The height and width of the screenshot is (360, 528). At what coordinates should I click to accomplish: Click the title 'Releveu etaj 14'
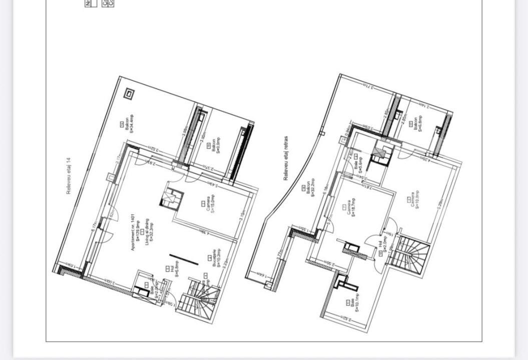click(x=69, y=176)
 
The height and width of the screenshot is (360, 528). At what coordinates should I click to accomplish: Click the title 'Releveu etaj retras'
click(x=286, y=158)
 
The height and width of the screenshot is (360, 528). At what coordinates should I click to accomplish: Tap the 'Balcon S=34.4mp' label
click(x=130, y=124)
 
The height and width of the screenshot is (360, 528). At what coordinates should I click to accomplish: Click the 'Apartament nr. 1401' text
click(x=134, y=235)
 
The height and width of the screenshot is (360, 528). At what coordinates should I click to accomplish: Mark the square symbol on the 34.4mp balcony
click(x=129, y=93)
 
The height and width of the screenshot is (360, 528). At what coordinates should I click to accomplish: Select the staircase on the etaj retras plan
click(x=410, y=254)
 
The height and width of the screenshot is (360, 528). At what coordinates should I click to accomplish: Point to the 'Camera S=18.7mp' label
click(x=351, y=207)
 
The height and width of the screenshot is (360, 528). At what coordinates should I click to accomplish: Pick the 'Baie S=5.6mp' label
click(x=357, y=164)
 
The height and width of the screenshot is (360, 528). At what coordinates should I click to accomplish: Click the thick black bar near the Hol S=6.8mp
click(x=184, y=260)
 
